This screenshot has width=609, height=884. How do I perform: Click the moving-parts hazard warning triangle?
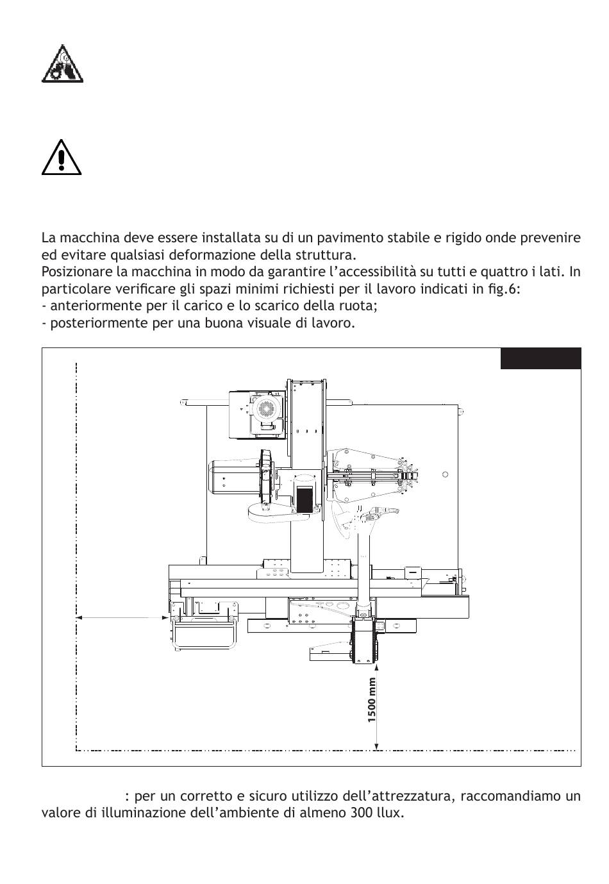(62, 64)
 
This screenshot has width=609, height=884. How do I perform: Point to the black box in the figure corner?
(540, 359)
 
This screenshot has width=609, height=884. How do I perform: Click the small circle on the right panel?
(446, 474)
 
